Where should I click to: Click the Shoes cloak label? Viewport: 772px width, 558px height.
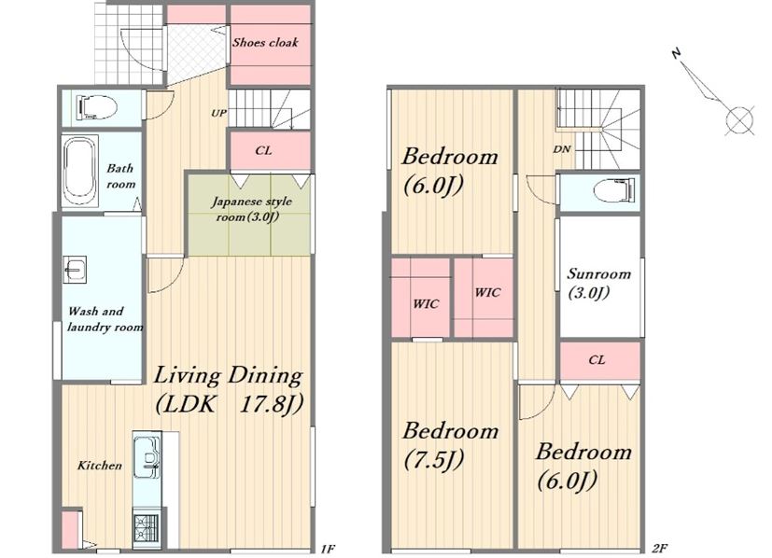click(x=265, y=42)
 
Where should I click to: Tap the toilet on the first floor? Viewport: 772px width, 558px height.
click(x=96, y=106)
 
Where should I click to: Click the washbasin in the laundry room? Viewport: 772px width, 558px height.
click(x=75, y=269)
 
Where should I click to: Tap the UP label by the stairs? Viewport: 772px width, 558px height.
click(x=218, y=113)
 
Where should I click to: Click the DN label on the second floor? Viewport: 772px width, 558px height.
click(x=562, y=149)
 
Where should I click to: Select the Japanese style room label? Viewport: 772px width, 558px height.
click(x=251, y=209)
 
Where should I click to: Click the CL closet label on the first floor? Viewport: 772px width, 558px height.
click(x=263, y=150)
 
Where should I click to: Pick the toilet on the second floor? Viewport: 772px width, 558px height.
click(x=614, y=190)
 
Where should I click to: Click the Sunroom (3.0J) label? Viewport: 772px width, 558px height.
click(x=598, y=283)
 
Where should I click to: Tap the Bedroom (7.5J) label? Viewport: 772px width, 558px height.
click(x=451, y=445)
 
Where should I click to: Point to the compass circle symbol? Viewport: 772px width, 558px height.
click(x=739, y=120)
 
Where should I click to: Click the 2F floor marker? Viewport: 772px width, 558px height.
click(x=659, y=548)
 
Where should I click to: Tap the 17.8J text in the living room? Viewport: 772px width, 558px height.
click(x=271, y=404)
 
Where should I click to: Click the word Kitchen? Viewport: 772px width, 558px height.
click(x=100, y=466)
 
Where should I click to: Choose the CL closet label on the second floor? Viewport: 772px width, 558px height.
click(x=597, y=360)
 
